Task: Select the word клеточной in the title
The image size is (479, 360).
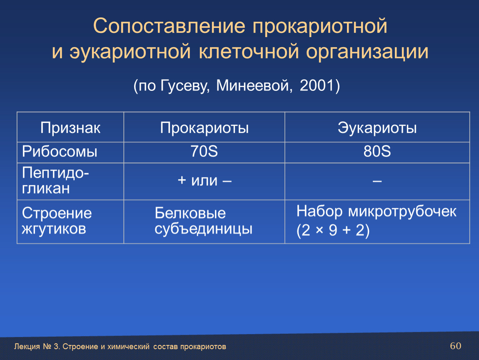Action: click(x=249, y=51)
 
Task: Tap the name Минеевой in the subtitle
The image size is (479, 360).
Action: click(x=252, y=85)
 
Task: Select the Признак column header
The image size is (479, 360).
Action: click(x=70, y=128)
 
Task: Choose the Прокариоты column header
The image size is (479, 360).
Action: click(x=205, y=128)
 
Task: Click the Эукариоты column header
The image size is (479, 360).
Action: click(x=377, y=128)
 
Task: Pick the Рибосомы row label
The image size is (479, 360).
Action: click(x=60, y=151)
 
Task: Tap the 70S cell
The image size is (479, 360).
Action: click(x=204, y=151)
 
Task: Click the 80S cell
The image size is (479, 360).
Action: click(x=377, y=151)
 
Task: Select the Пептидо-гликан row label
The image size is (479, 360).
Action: click(x=55, y=181)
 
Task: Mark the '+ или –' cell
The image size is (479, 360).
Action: click(x=205, y=180)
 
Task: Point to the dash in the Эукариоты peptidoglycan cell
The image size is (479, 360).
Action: click(x=377, y=181)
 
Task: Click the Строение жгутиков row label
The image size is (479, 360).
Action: click(x=57, y=221)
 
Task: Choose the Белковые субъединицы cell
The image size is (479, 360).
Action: click(x=203, y=221)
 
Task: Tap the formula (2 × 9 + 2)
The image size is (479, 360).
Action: click(x=333, y=230)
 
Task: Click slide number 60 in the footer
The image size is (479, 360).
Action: click(x=456, y=346)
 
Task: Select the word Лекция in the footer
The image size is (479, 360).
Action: click(x=27, y=347)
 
